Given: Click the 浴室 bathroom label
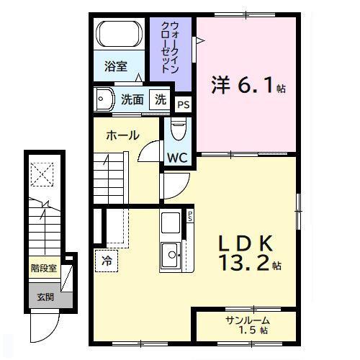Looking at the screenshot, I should pos(115,67).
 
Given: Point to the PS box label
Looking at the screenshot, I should pos(184,105).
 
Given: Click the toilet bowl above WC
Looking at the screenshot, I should pos(178,130).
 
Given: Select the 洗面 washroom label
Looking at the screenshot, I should pos(132,99).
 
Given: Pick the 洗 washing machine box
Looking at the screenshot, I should pos(161,99).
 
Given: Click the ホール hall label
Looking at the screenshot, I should pos(122,135).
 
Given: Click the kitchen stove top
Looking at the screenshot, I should pos(172,222).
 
